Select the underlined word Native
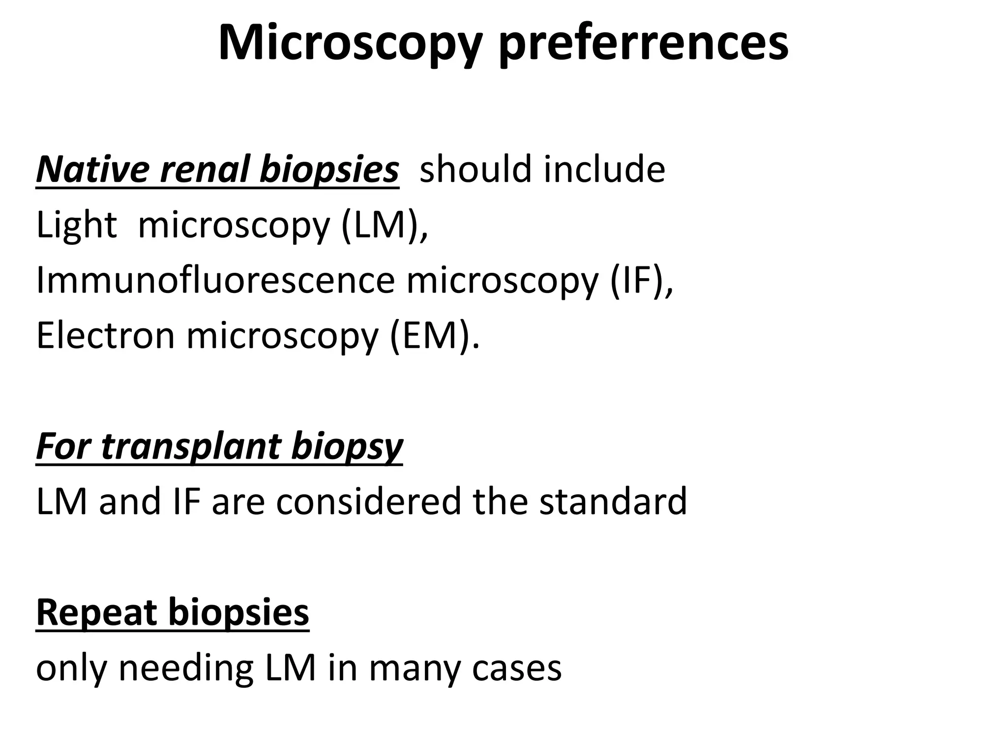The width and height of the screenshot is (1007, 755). click(x=91, y=169)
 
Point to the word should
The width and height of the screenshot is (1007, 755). click(x=475, y=169)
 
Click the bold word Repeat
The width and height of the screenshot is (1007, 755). click(x=96, y=612)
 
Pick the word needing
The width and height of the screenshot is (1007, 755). click(x=186, y=668)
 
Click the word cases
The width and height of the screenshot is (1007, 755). click(x=516, y=668)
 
